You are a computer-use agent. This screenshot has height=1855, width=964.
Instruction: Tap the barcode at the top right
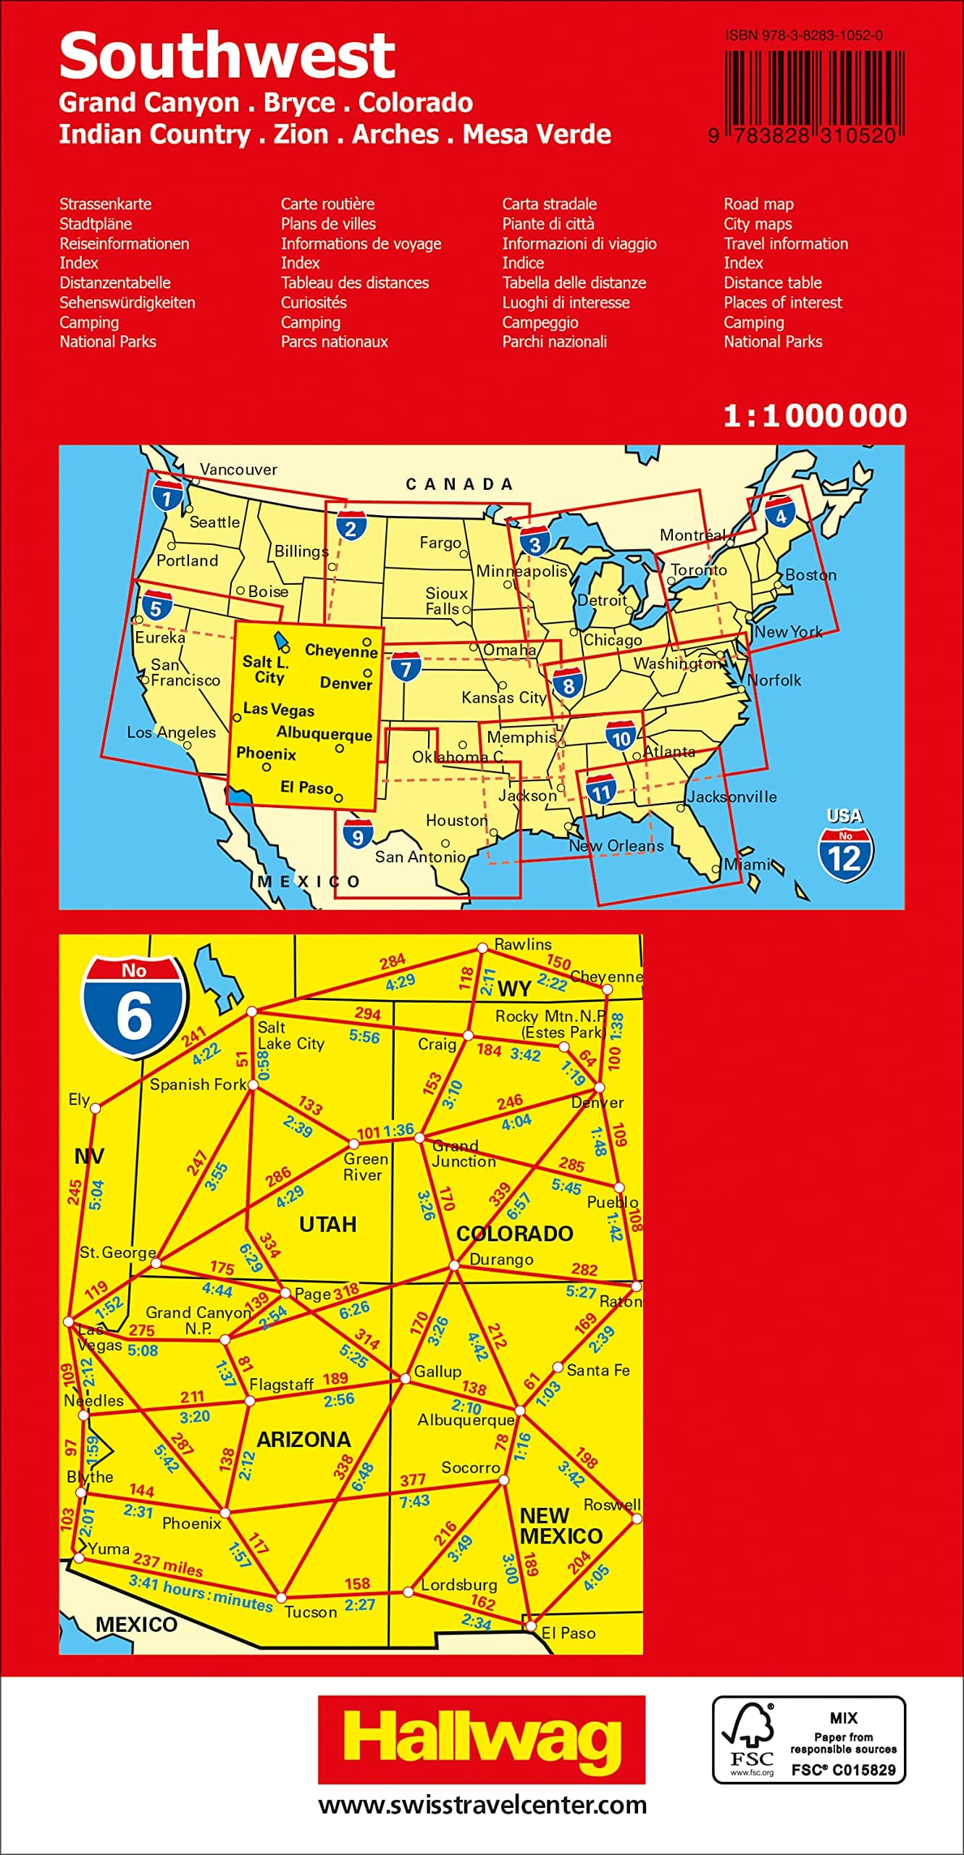coord(814,92)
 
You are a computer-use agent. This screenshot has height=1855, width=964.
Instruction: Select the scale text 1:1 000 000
coord(815,416)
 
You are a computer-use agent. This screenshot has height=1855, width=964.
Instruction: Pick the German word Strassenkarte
coord(105,204)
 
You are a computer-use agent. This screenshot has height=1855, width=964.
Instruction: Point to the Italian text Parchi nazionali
coord(554,342)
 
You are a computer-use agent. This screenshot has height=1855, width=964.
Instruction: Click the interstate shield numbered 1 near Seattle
coord(167,496)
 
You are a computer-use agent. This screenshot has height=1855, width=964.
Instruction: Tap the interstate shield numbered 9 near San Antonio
coord(358,834)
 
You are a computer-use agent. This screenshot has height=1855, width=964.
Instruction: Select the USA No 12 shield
coord(845,847)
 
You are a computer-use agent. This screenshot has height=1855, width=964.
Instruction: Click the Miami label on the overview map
coord(746,864)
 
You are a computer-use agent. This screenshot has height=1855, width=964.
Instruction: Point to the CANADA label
coord(459,484)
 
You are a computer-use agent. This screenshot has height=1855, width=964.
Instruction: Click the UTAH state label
coord(327,1224)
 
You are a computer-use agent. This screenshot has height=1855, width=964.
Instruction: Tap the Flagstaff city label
coord(281,1385)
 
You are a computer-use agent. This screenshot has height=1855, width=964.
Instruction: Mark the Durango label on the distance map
coord(501,1259)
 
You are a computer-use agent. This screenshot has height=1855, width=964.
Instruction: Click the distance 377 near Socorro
coord(413,1480)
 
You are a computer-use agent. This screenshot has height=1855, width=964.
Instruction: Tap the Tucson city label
coord(311,1612)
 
